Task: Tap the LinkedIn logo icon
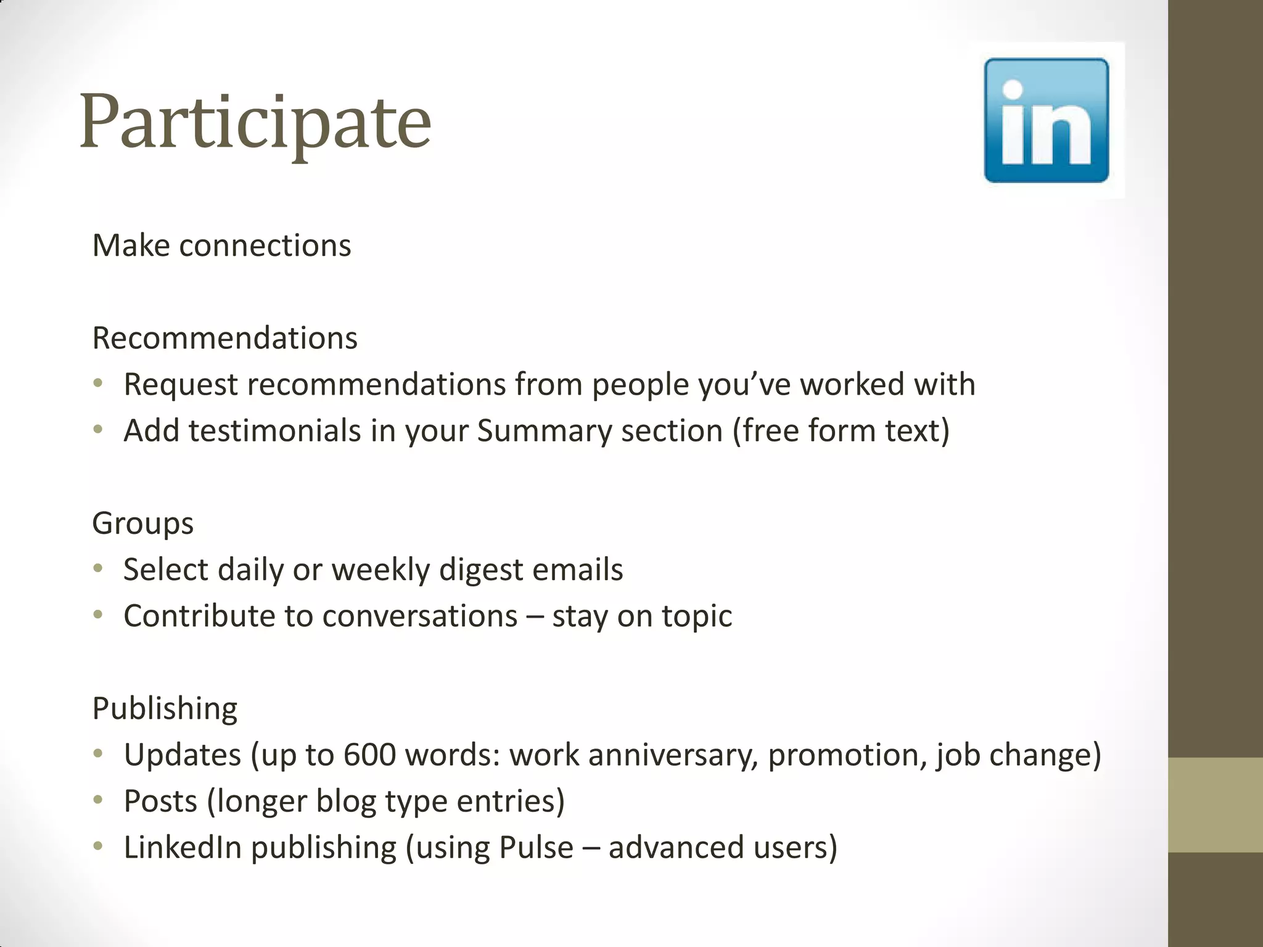1046,120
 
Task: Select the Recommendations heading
224,338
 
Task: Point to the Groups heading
142,523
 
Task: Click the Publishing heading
165,708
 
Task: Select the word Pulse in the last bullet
536,847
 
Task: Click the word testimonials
274,430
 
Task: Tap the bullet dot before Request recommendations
98,383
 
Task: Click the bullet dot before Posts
98,800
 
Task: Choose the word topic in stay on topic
697,616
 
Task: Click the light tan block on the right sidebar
1216,805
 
